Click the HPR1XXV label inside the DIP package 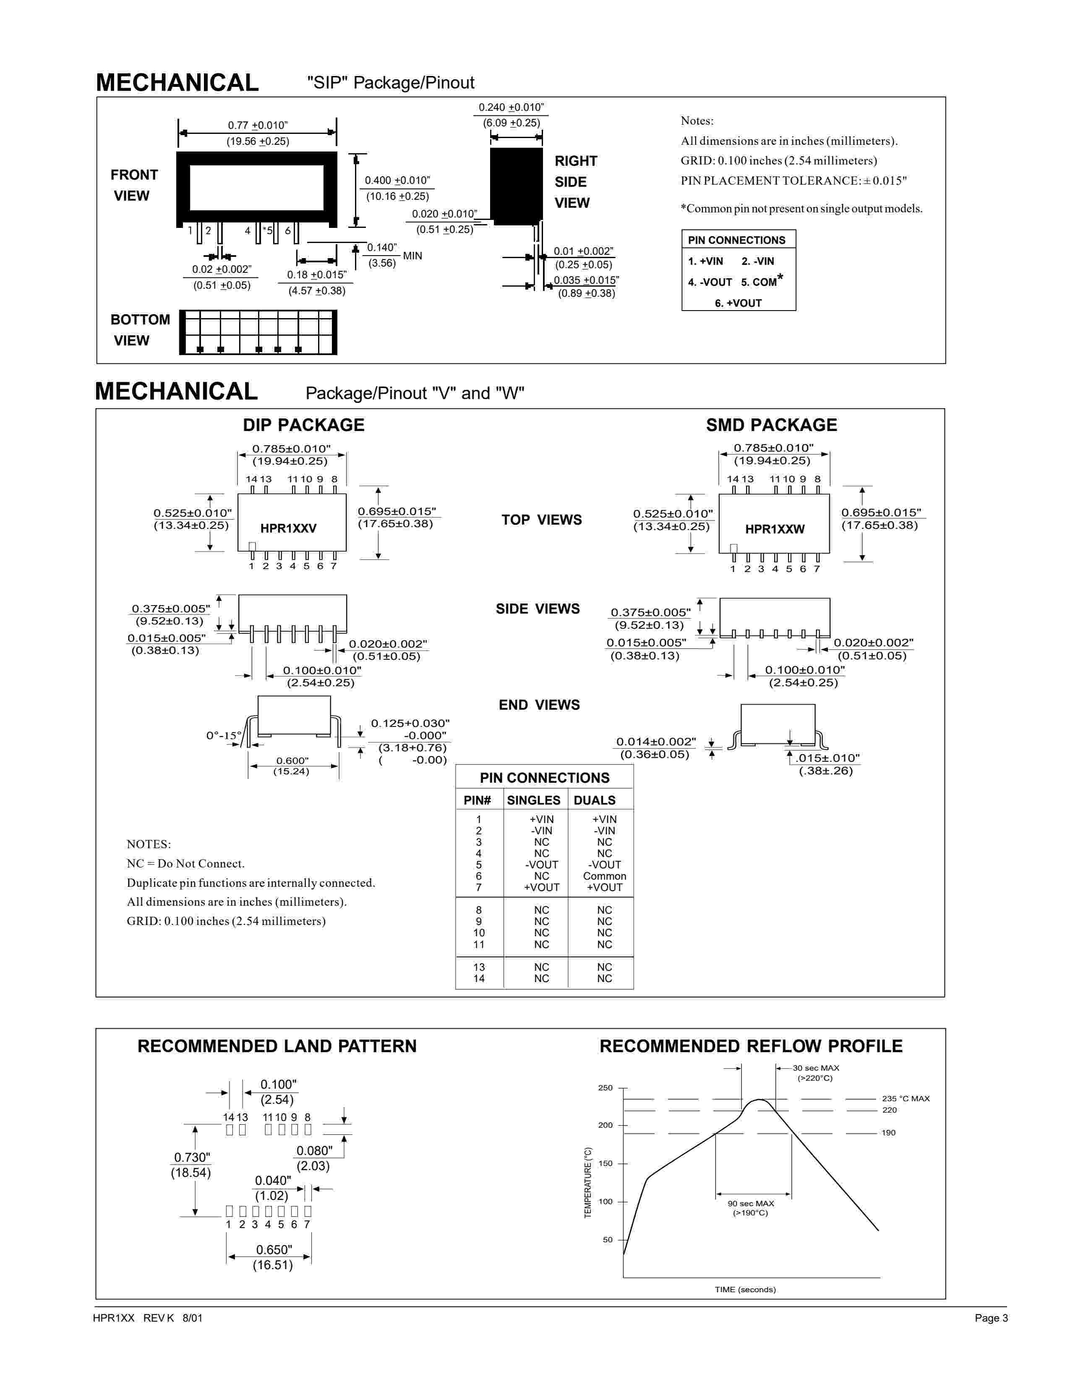click(288, 528)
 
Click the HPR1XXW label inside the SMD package click(775, 529)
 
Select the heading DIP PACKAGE click(304, 425)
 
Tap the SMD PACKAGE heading click(771, 425)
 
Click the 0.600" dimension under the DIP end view click(292, 760)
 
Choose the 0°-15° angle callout click(224, 736)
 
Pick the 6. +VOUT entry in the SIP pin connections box click(738, 303)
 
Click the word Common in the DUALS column click(604, 876)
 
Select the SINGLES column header click(534, 800)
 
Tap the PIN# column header click(478, 800)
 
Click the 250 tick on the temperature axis click(605, 1087)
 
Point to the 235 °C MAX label click(905, 1098)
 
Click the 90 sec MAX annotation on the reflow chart click(751, 1203)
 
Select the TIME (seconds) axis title click(745, 1289)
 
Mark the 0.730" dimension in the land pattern click(192, 1158)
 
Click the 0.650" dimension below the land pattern click(274, 1249)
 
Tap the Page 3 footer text click(991, 1318)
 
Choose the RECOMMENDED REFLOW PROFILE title click(751, 1046)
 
